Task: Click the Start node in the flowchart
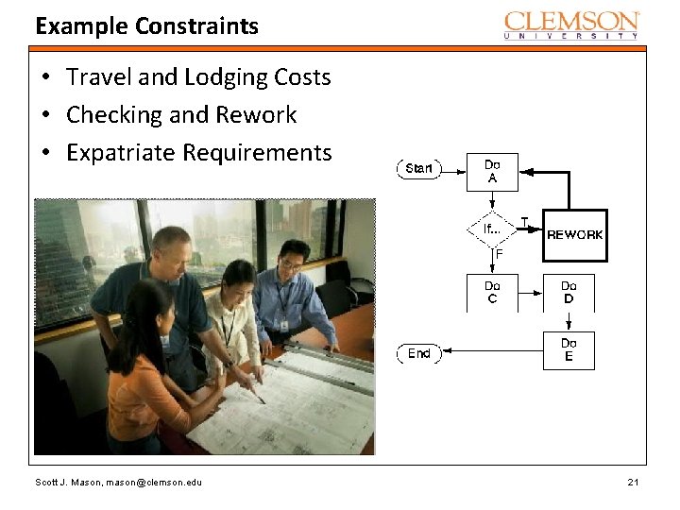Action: coord(418,169)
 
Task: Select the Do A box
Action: coord(492,172)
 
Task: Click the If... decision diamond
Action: coord(492,229)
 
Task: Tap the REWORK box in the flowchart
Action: coord(574,234)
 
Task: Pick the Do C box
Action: coord(492,293)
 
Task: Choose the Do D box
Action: coord(569,293)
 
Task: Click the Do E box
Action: coord(569,350)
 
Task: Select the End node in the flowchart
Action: coord(418,353)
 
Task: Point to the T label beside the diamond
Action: coord(525,222)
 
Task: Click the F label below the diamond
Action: coord(499,254)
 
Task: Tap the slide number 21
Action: coord(634,484)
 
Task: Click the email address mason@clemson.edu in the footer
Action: coord(152,484)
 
